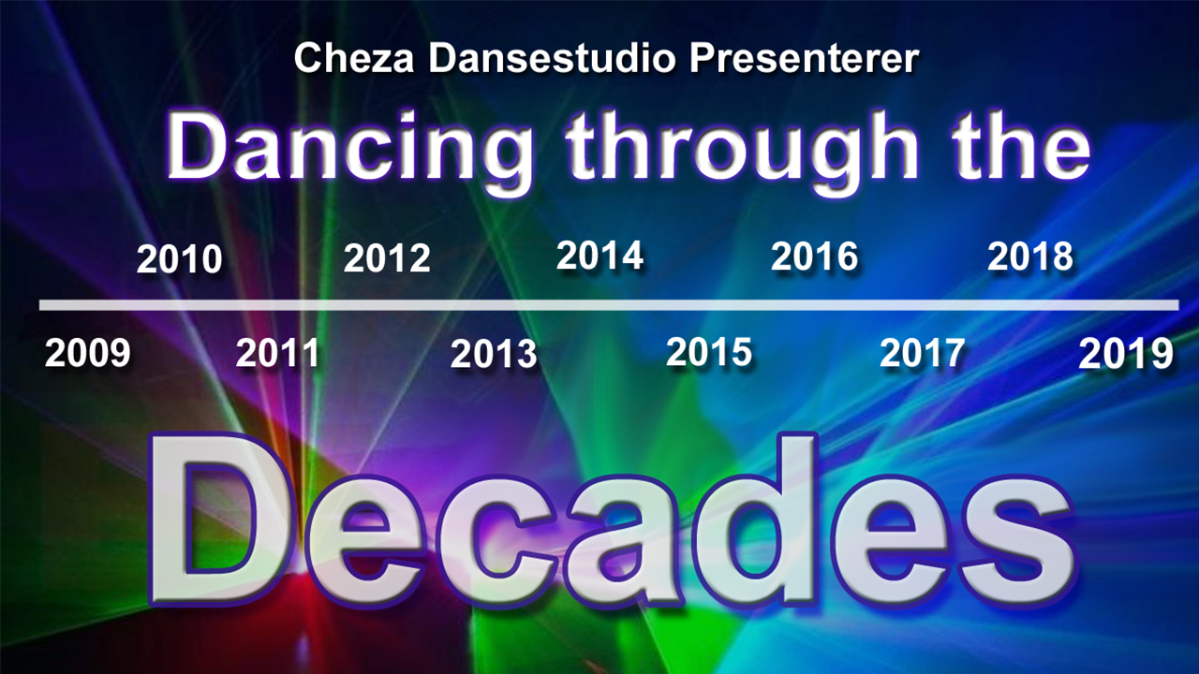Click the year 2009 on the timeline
point(88,353)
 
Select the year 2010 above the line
point(179,259)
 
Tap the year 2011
point(278,353)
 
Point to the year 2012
point(387,258)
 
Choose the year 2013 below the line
point(494,354)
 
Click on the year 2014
point(599,256)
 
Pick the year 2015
point(709,352)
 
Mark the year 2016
point(814,256)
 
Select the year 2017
point(923,353)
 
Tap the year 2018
point(1030,256)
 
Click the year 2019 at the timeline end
point(1126,354)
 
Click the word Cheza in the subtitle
point(354,58)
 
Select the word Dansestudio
point(552,58)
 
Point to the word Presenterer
point(804,58)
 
